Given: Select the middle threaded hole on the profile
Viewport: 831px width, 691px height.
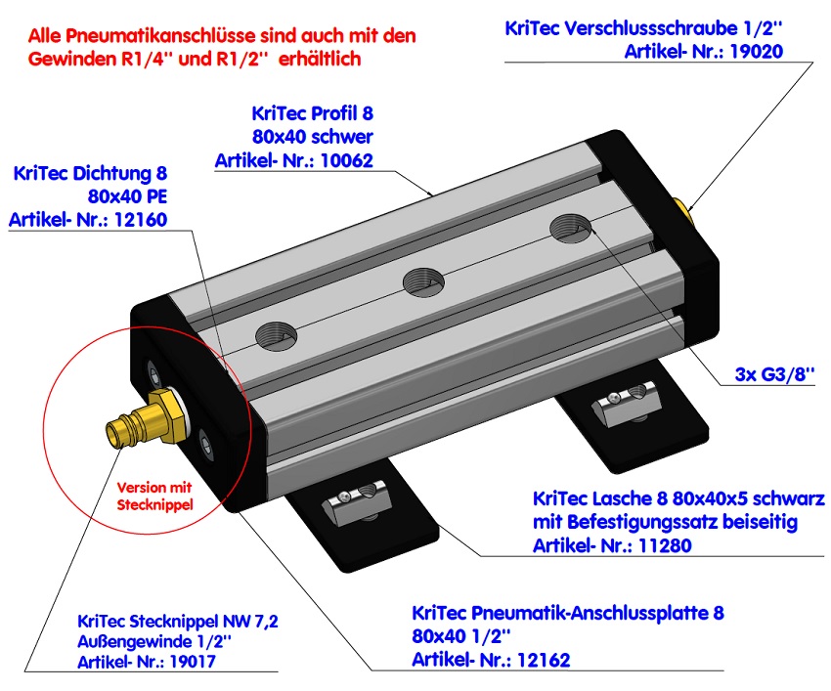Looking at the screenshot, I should [x=424, y=282].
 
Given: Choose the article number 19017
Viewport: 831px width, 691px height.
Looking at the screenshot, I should [x=184, y=662].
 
